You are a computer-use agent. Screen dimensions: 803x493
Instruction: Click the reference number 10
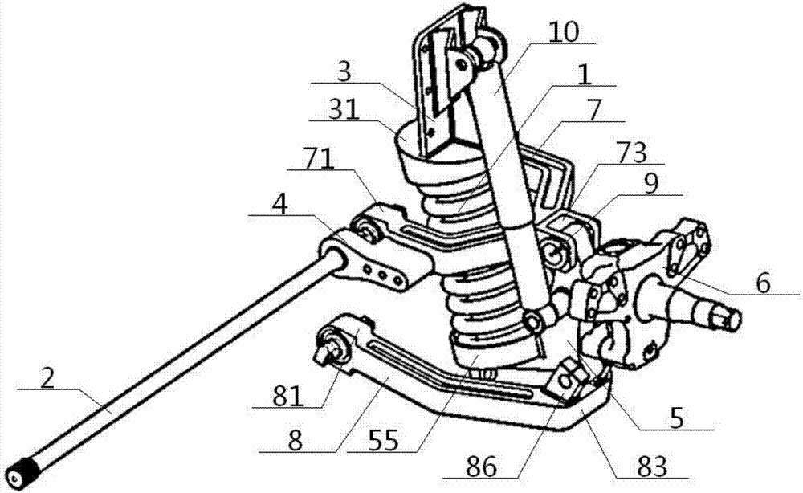[x=564, y=32]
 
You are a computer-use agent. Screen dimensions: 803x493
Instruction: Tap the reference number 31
[x=344, y=109]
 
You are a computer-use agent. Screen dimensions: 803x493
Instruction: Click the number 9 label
[x=651, y=184]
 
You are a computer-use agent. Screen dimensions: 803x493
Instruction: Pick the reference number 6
[x=763, y=283]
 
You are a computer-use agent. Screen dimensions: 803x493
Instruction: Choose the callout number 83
[x=651, y=467]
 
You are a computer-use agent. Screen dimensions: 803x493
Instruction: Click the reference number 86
[x=481, y=467]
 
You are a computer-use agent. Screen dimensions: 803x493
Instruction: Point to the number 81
[x=287, y=396]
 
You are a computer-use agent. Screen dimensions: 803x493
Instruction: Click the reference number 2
[x=47, y=379]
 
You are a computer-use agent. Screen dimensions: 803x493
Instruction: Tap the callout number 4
[x=279, y=205]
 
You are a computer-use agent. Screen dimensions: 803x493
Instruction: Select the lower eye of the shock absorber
[x=534, y=322]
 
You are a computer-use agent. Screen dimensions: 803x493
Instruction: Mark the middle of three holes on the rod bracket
[x=381, y=275]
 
